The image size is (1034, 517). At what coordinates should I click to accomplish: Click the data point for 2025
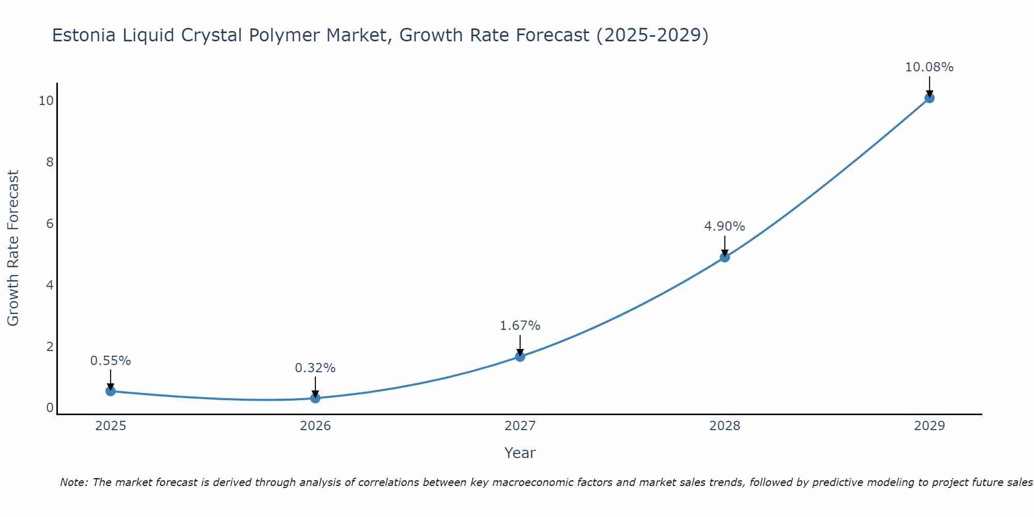tap(111, 391)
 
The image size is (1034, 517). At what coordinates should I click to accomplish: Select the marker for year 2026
tap(315, 398)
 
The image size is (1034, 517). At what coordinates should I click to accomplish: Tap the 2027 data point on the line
tap(520, 357)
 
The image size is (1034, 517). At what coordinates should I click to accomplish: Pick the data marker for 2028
tap(725, 257)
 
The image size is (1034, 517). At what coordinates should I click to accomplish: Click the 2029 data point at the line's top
tap(929, 98)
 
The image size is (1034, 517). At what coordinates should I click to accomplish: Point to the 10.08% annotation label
tap(929, 67)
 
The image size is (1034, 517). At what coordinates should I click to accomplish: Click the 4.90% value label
tap(724, 226)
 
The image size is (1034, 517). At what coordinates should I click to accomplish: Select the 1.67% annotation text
tap(520, 326)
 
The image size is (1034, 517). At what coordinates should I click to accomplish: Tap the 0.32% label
tap(315, 368)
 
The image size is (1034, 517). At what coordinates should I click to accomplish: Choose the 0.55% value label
tap(111, 361)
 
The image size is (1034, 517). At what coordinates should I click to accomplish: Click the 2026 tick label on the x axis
tap(315, 426)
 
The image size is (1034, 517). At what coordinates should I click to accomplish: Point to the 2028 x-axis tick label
tap(725, 426)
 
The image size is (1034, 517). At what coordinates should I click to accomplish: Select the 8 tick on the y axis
tap(50, 162)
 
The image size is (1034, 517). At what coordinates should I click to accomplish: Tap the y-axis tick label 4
tap(50, 285)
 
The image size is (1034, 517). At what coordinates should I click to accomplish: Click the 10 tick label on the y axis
tap(46, 101)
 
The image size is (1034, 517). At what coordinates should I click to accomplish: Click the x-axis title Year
tap(520, 453)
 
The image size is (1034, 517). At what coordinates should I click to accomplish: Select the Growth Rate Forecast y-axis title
tap(13, 248)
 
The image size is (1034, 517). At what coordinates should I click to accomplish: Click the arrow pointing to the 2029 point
tap(929, 87)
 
